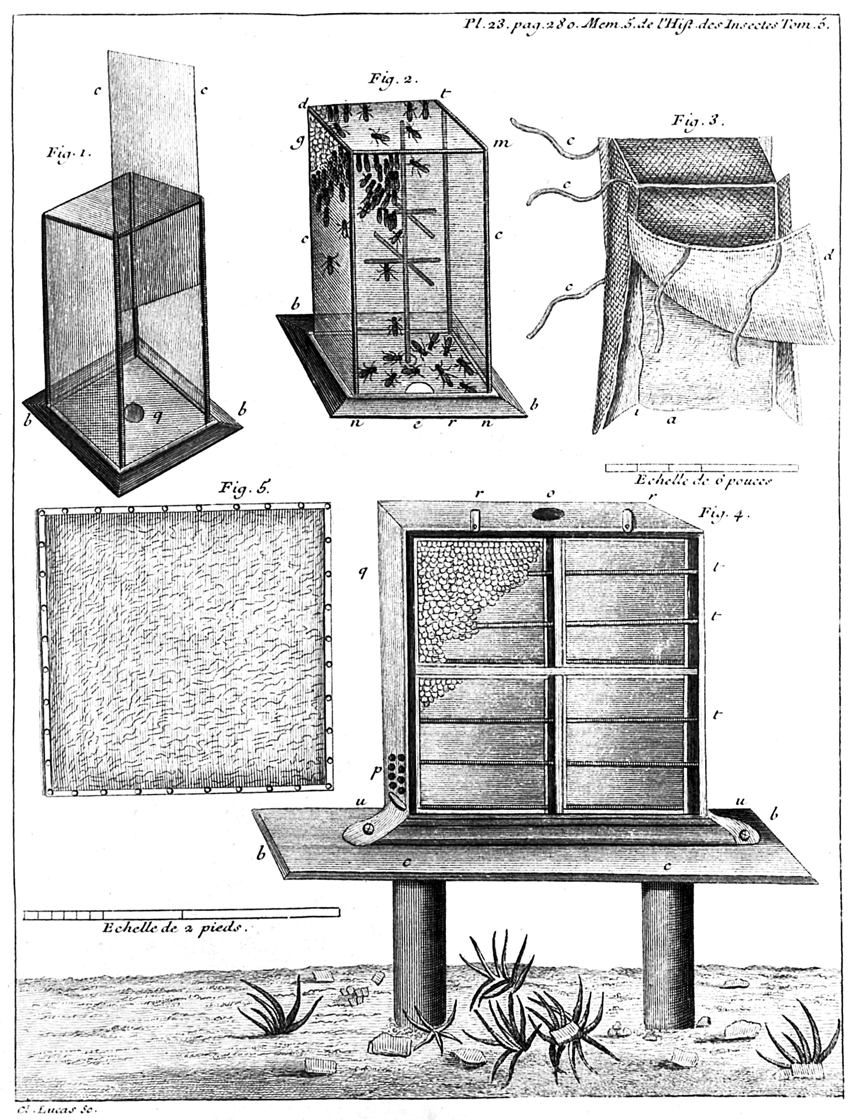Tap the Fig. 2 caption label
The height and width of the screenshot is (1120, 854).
click(x=393, y=80)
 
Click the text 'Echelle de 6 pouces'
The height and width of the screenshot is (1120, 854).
click(x=703, y=481)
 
